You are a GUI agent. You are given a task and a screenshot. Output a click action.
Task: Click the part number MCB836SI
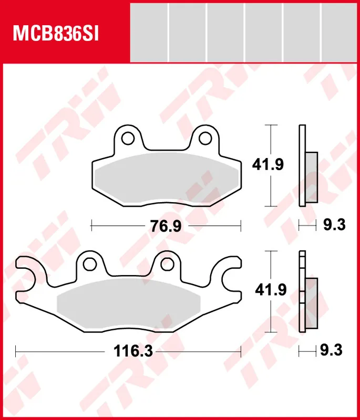coord(56,34)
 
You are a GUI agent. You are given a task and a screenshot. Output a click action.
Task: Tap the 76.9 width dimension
coord(166,226)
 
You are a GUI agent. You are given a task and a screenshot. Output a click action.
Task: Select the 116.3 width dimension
coord(133,351)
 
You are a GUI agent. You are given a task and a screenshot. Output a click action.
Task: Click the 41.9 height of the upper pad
coord(268,164)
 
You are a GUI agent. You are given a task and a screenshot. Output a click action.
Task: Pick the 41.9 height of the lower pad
coord(271,290)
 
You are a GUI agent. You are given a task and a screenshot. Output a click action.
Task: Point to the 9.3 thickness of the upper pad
coord(334,225)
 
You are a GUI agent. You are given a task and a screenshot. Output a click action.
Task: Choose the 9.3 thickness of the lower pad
coord(331,350)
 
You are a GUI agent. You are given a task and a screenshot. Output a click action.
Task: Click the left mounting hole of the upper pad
coord(128,138)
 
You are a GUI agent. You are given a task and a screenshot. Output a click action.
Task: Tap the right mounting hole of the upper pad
coord(205,138)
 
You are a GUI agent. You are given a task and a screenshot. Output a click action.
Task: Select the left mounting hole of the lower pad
coord(89,264)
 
